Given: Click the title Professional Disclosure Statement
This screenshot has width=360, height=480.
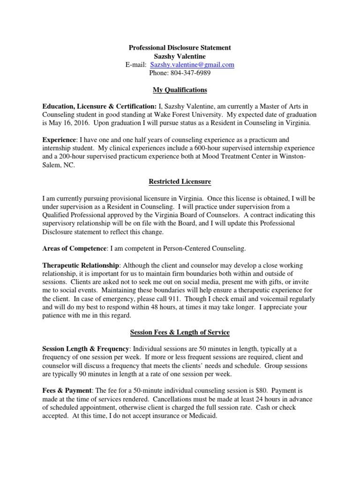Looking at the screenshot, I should (180, 48).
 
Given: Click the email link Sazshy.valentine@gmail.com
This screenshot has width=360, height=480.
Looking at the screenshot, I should (192, 65).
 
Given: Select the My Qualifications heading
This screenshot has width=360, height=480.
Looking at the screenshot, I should (180, 90).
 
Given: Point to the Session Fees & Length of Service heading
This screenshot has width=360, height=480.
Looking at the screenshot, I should (180, 332).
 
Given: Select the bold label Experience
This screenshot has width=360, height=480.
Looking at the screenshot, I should (59, 140).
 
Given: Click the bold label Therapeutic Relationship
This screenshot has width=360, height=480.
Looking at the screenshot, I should (81, 264).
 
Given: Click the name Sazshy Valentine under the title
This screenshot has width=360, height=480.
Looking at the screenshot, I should (180, 56).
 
